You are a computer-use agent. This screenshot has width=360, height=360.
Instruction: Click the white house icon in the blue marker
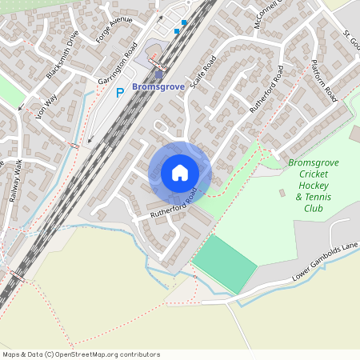179,172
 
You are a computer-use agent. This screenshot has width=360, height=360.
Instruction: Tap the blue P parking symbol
121,93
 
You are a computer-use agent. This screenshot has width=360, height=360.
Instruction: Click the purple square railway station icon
158,74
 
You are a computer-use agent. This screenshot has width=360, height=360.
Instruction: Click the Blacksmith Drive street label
63,54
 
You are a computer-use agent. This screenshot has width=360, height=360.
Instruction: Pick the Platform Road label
324,79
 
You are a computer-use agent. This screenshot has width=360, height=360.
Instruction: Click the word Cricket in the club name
314,174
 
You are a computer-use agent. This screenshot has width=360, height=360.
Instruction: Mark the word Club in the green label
314,208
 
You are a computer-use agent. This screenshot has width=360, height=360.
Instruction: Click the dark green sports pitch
224,263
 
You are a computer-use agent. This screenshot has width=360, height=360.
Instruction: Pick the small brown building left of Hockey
282,193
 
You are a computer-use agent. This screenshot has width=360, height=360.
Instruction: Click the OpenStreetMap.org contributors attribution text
104,354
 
